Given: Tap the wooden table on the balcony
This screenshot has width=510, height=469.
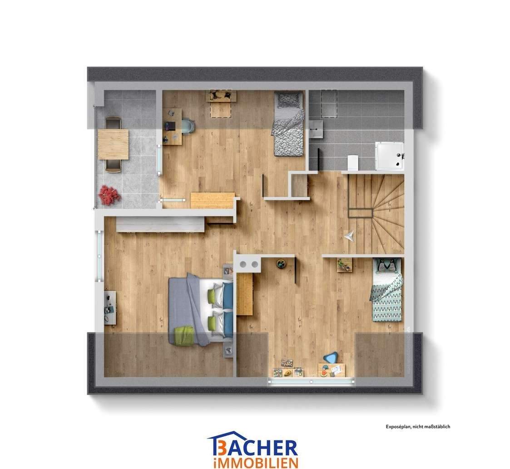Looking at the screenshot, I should [113, 144].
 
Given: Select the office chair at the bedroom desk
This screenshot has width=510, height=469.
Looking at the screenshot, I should [188, 125].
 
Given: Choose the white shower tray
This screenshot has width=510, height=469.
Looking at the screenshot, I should [389, 156].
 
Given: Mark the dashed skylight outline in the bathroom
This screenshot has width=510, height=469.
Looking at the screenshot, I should [329, 103].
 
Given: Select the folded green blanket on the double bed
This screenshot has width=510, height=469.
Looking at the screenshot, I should [184, 335].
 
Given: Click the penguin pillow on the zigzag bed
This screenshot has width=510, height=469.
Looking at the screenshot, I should [386, 265].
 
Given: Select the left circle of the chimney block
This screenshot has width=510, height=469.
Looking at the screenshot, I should [243, 264].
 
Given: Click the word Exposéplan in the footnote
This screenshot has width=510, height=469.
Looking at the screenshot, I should [398, 426].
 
